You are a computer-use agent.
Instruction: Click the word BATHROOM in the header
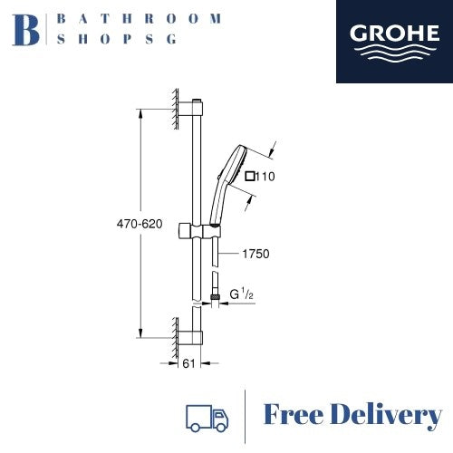click(x=138, y=17)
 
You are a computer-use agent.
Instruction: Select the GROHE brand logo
click(x=394, y=42)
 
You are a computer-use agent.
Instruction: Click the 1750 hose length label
click(x=255, y=255)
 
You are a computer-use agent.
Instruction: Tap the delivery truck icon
click(x=207, y=416)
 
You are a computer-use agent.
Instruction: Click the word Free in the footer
click(x=294, y=416)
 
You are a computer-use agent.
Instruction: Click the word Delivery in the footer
click(x=387, y=416)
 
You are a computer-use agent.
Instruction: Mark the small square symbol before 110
click(x=251, y=177)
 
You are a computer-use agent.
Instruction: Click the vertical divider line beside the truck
click(x=246, y=416)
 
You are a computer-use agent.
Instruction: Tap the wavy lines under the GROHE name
click(x=394, y=53)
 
